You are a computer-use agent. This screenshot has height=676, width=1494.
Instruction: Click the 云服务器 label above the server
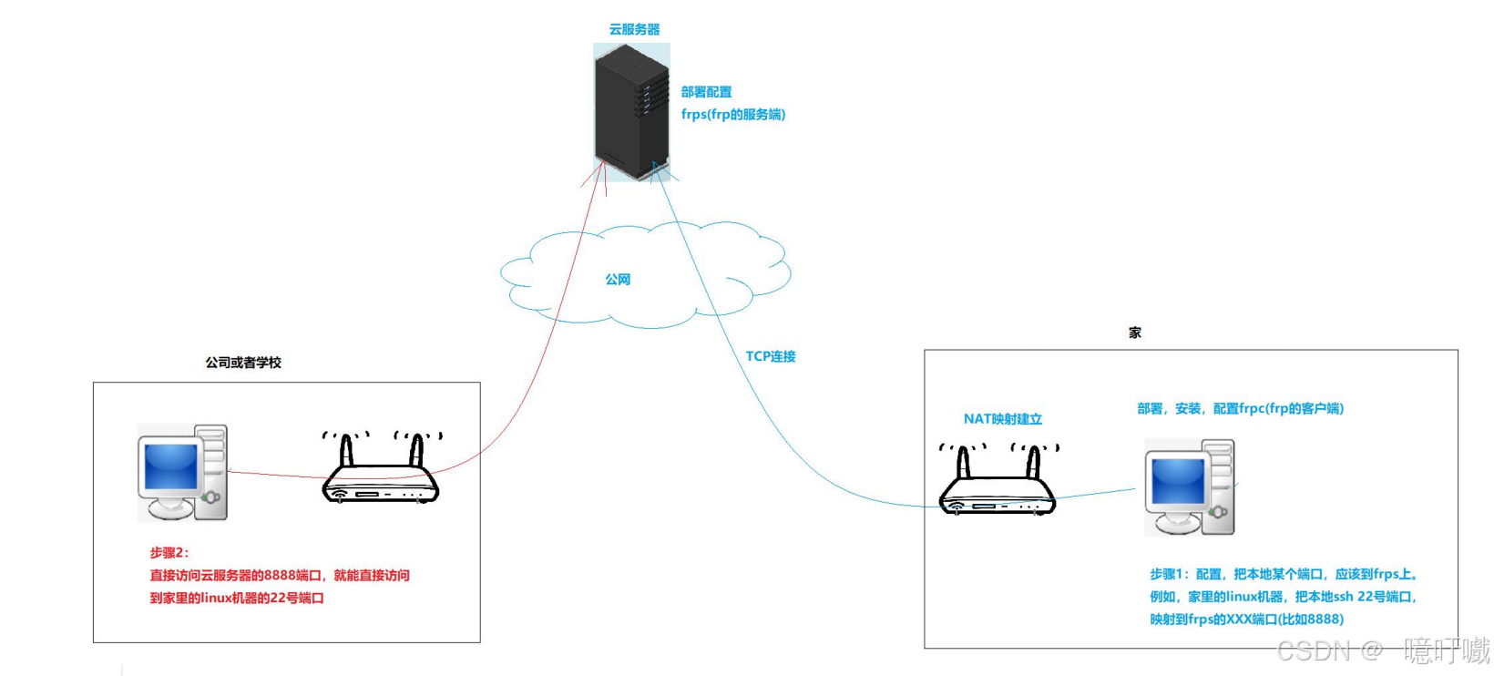pos(634,29)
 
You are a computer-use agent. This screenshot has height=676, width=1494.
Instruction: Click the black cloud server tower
pos(631,111)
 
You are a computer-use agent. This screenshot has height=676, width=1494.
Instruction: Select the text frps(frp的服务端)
pos(732,115)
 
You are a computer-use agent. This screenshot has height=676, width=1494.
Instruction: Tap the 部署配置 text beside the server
pos(706,92)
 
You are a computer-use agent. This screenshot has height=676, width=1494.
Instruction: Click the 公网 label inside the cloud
pos(618,280)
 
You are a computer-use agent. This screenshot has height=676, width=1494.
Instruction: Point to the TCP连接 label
pos(771,356)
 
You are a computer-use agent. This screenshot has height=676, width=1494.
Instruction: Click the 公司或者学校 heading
pos(243,363)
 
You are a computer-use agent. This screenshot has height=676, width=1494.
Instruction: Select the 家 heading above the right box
pos(1135,333)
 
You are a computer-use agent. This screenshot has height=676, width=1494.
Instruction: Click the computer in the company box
pos(182,472)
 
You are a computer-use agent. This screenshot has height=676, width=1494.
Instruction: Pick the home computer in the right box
pos(1190,487)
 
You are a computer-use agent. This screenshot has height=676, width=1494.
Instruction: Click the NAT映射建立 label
pos(1002,419)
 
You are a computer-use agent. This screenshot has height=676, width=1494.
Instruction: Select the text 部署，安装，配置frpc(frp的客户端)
pos(1240,408)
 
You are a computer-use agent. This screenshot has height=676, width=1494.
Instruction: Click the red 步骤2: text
pos(169,553)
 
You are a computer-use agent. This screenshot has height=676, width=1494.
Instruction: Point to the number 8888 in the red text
pos(280,576)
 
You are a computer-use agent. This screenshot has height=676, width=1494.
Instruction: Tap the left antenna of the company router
pos(346,450)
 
